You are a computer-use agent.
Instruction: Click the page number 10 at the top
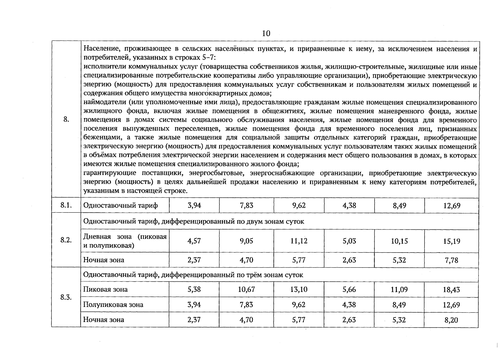pyautogui.click(x=266, y=33)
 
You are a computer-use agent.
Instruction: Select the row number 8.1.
pyautogui.click(x=66, y=205)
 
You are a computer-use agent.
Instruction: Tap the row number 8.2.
pyautogui.click(x=66, y=240)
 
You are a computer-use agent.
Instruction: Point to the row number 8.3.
pyautogui.click(x=66, y=297)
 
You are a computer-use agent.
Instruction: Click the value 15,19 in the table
pyautogui.click(x=451, y=241)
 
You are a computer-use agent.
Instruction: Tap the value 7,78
pyautogui.click(x=451, y=260)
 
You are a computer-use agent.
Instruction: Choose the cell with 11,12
pyautogui.click(x=299, y=241)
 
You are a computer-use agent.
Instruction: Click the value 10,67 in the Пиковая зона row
pyautogui.click(x=246, y=289)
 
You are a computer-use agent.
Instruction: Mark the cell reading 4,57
pyautogui.click(x=194, y=241)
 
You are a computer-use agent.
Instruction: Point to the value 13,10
pyautogui.click(x=299, y=289)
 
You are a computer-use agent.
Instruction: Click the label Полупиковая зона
pyautogui.click(x=113, y=305)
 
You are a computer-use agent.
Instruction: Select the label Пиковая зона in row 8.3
pyautogui.click(x=105, y=289)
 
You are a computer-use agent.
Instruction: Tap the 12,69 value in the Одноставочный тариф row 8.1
pyautogui.click(x=451, y=206)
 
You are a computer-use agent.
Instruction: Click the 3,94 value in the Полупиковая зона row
pyautogui.click(x=194, y=305)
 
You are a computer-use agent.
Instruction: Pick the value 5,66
pyautogui.click(x=349, y=289)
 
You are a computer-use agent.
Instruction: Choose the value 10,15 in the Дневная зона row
pyautogui.click(x=399, y=241)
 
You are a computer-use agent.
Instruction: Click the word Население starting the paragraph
pyautogui.click(x=99, y=49)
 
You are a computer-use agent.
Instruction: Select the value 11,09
pyautogui.click(x=399, y=290)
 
